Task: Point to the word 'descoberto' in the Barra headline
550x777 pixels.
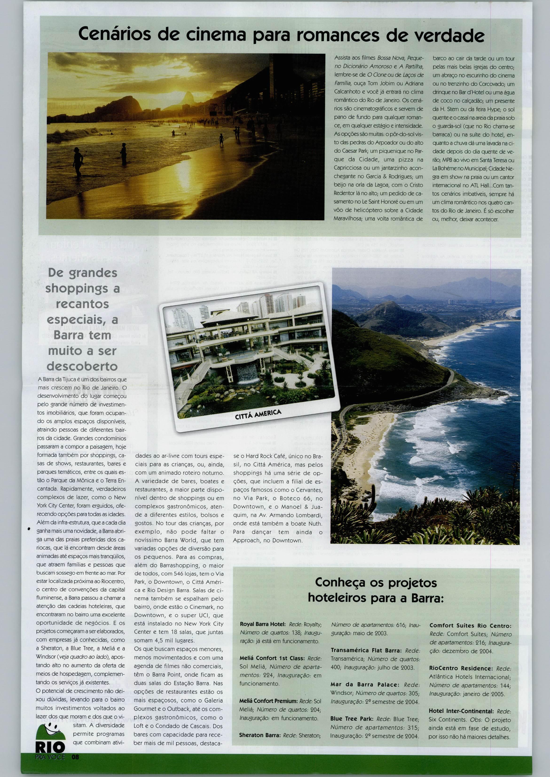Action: pos(82,366)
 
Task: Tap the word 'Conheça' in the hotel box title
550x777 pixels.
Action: pos(342,582)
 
